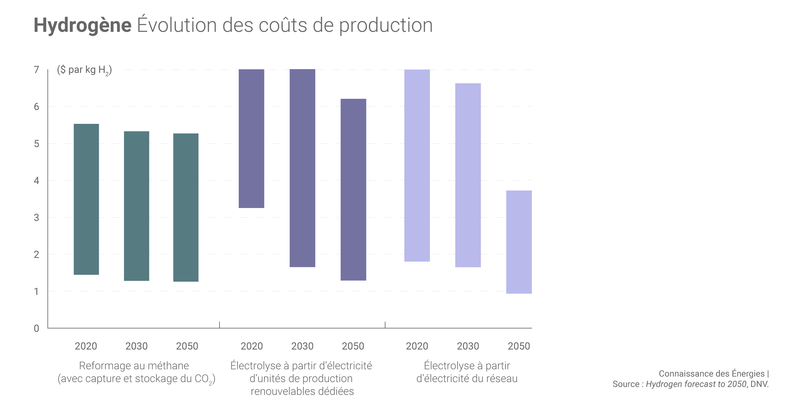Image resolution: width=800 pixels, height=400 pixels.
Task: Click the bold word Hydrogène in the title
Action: click(x=83, y=25)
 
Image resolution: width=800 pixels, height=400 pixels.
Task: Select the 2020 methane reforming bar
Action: click(x=86, y=199)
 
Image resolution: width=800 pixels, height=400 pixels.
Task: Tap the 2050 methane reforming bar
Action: click(x=186, y=207)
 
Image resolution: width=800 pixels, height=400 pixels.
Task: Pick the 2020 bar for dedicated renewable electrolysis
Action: click(x=252, y=139)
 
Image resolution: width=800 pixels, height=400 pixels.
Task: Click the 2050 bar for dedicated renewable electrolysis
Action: click(x=353, y=189)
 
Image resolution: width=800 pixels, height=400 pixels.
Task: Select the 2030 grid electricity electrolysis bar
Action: click(x=468, y=175)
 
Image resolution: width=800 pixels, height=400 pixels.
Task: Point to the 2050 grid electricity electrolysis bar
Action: click(x=519, y=242)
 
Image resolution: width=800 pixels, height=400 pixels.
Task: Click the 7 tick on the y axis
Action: click(x=36, y=70)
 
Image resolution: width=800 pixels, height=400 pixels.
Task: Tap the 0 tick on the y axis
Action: click(x=36, y=328)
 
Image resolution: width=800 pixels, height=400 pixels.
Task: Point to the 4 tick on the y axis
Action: click(x=36, y=181)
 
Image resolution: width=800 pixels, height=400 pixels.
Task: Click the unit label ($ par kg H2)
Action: click(x=84, y=70)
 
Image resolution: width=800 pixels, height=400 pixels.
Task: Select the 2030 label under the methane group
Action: click(x=136, y=346)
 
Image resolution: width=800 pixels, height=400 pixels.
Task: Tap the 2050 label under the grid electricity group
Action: click(x=519, y=346)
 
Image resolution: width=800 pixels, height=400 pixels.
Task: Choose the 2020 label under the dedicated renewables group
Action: click(x=252, y=346)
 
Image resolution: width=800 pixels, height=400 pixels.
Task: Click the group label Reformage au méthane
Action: click(x=134, y=366)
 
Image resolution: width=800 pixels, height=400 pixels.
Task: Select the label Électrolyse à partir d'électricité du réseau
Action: click(x=467, y=372)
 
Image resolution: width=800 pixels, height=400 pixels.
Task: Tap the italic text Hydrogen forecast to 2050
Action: click(x=696, y=384)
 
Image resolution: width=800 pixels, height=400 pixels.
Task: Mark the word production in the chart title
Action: click(x=386, y=25)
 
